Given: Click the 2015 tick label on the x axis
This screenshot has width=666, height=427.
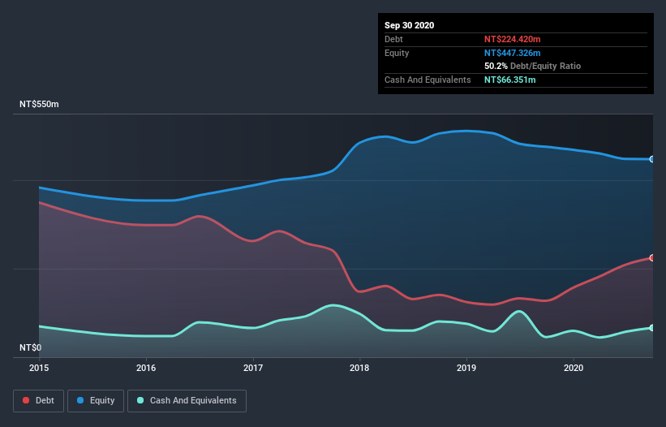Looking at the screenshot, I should (39, 368).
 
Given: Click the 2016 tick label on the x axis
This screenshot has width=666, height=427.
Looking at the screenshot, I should (146, 368).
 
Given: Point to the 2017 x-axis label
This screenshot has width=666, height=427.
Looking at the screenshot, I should (253, 368).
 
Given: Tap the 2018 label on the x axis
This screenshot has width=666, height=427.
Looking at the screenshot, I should (359, 368).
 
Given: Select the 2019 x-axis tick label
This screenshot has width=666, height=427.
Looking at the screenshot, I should (466, 368).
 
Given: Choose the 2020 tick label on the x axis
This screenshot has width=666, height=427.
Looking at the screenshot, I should (574, 368).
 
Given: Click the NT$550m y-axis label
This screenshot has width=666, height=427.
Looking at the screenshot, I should (40, 105).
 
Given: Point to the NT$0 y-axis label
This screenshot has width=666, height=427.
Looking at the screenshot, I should (31, 347).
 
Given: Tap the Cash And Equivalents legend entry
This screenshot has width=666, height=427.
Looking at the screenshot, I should (187, 400).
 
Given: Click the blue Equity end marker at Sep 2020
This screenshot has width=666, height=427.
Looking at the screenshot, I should (652, 159).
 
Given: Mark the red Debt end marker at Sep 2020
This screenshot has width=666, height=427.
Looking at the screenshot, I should (652, 257).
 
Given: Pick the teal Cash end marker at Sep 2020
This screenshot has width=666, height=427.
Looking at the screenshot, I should (652, 328).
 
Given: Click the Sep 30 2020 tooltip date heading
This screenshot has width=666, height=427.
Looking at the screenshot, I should (410, 25).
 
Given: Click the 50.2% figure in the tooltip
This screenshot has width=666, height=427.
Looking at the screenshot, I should (496, 66).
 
